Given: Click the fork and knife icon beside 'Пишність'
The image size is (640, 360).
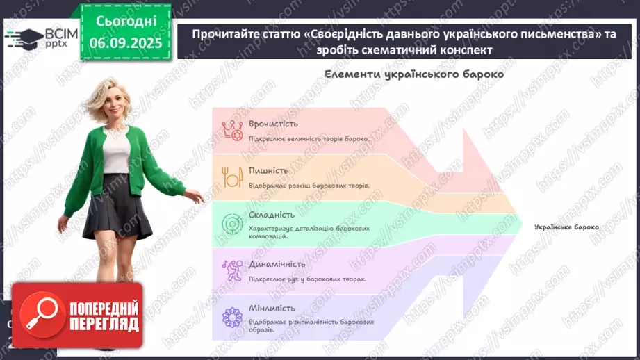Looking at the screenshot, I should pos(231,177).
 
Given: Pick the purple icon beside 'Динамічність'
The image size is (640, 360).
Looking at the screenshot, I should pos(231,269).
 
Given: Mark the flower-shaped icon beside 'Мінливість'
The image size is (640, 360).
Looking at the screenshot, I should pos(231,317).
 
